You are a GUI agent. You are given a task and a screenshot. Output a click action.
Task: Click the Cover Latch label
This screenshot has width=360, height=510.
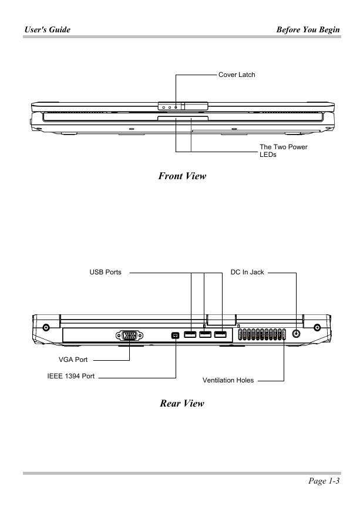coord(237,75)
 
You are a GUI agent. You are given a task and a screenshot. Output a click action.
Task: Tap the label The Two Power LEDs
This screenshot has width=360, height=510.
coord(283,150)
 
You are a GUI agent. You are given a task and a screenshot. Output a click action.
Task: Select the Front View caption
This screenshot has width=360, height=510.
coord(182,176)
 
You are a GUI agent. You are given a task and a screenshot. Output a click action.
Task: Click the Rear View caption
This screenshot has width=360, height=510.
coord(182,403)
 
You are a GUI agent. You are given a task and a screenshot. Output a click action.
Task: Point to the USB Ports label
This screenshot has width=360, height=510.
coord(105,272)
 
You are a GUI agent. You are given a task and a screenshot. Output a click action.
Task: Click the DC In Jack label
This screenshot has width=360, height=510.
coord(247,272)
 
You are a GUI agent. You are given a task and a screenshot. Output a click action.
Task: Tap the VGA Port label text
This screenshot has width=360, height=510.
coord(73,360)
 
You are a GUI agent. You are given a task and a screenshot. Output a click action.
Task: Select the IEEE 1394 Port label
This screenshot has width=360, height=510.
coord(71,376)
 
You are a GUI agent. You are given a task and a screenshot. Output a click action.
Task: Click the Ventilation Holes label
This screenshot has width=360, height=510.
coord(228,380)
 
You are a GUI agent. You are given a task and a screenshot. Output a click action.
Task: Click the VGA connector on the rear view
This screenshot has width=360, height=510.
coord(129,335)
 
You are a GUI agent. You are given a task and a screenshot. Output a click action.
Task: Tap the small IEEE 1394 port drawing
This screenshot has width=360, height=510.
coord(175,335)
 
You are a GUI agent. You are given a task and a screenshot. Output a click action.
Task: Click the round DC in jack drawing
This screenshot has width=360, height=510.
coord(296,333)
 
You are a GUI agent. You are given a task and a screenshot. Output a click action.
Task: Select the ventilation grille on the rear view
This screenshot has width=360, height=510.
coord(262,334)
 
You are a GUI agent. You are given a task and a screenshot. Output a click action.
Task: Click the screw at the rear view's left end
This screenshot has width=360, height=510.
coord(46,327)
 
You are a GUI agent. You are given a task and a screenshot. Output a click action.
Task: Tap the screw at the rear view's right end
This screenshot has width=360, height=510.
coord(317,327)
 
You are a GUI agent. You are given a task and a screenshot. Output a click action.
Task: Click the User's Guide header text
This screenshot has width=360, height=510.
coord(48,29)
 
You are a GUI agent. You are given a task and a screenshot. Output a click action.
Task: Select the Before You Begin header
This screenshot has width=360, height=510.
coord(308,29)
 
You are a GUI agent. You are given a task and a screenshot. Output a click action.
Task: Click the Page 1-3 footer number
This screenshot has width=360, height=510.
coord(324,481)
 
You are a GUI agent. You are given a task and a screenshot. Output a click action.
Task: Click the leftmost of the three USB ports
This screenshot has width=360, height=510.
coord(190,334)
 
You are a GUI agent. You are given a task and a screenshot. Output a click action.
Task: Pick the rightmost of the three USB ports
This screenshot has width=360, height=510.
coord(220,334)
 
